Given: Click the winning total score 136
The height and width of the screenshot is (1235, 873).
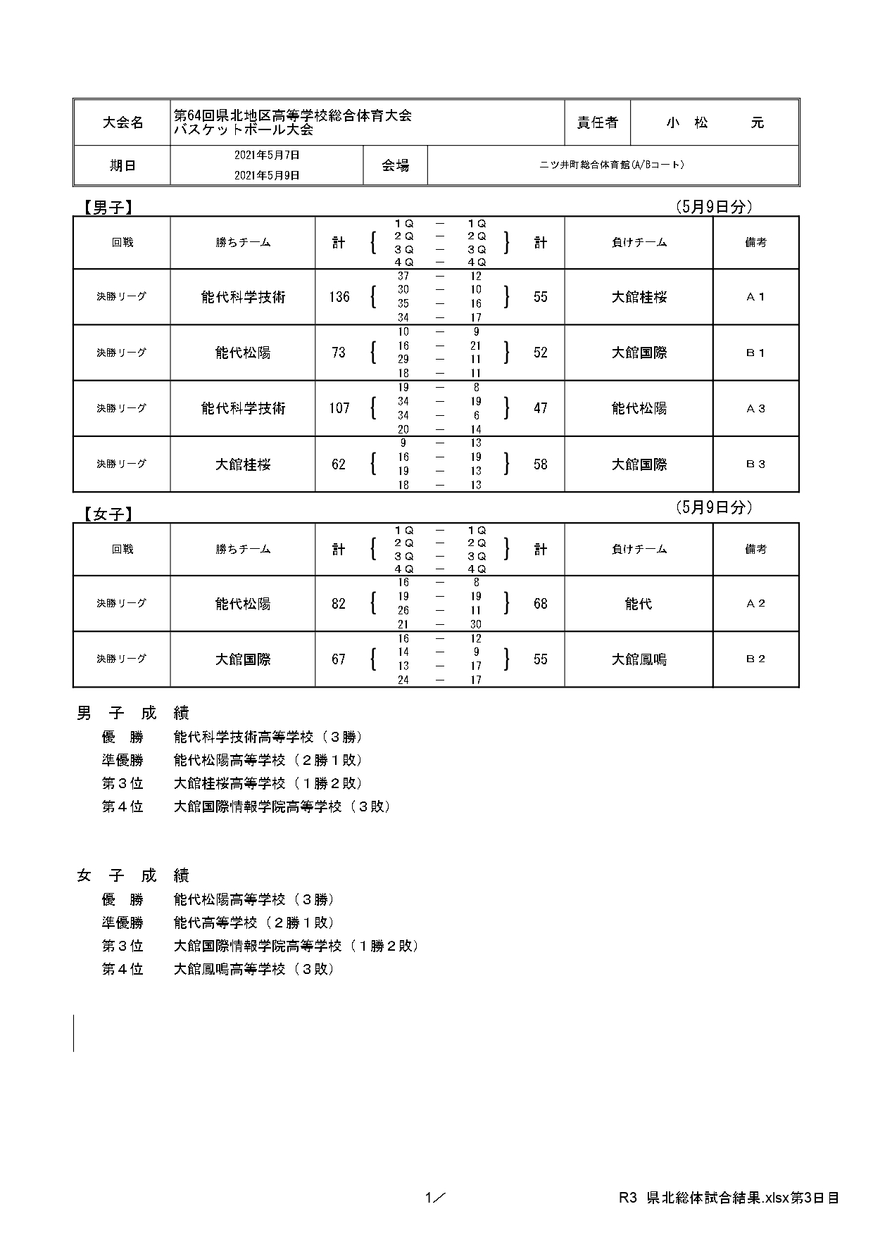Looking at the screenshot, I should click(339, 297).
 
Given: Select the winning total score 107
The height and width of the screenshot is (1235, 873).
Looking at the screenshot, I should click(339, 408).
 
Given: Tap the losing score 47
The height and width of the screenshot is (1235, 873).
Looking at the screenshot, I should click(540, 408).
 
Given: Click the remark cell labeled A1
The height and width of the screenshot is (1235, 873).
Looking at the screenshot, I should click(755, 297).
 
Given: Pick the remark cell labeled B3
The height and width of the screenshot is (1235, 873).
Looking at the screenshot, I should click(755, 464).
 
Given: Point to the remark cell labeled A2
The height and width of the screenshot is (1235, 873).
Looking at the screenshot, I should click(755, 604).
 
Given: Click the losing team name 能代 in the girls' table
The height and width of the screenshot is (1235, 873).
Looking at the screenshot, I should click(639, 604).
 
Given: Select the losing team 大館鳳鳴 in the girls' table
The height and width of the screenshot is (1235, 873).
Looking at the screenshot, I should click(639, 659).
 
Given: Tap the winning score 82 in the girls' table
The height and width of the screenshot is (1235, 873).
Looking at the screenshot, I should click(339, 604).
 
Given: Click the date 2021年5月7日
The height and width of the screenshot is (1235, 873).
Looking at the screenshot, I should click(267, 155).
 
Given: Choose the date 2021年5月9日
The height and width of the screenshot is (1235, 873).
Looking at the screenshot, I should click(267, 175).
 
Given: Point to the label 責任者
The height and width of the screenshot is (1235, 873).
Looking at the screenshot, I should click(597, 122).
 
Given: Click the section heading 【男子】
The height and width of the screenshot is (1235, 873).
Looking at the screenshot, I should click(105, 208).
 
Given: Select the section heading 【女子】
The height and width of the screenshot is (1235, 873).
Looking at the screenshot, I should click(105, 514).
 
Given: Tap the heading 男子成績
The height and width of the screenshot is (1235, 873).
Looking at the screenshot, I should click(132, 714).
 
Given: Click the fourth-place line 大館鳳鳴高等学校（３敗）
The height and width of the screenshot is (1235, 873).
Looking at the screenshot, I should click(253, 969).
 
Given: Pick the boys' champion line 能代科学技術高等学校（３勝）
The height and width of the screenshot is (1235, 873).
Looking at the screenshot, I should click(268, 737).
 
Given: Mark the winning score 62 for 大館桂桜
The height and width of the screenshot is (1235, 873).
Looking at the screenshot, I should click(339, 464).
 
